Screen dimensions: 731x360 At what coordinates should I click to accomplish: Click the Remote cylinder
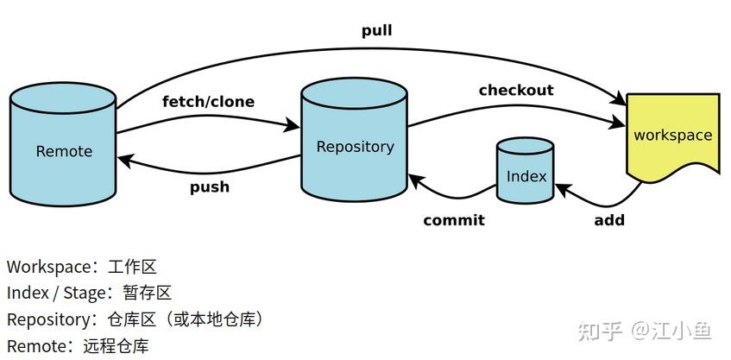pos(63,144)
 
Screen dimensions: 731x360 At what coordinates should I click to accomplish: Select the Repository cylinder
pos(355,140)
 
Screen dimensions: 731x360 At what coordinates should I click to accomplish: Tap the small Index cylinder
pos(526,170)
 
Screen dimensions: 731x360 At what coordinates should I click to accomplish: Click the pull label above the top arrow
pos(376,31)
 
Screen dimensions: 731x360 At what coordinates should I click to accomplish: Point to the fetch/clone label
pos(208,101)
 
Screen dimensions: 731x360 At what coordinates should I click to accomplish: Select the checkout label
pos(516,90)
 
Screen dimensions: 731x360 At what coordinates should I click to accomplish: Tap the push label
pos(210,187)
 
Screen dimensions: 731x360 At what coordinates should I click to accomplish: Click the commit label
pos(454,219)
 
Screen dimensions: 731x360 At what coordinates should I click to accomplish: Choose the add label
pos(609,219)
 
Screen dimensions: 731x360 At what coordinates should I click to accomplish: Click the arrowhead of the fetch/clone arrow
pos(293,124)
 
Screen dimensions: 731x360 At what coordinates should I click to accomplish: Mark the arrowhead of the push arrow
pos(126,161)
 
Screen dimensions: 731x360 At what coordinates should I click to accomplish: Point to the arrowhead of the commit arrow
pos(416,180)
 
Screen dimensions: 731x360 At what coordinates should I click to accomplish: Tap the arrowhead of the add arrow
pos(563,189)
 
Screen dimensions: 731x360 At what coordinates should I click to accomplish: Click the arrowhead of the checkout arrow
pos(618,123)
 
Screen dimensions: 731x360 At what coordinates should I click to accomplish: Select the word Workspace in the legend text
pos(49,268)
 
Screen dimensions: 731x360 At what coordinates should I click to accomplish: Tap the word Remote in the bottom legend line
pos(37,347)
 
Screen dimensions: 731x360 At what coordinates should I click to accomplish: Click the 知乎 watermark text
pos(600,332)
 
